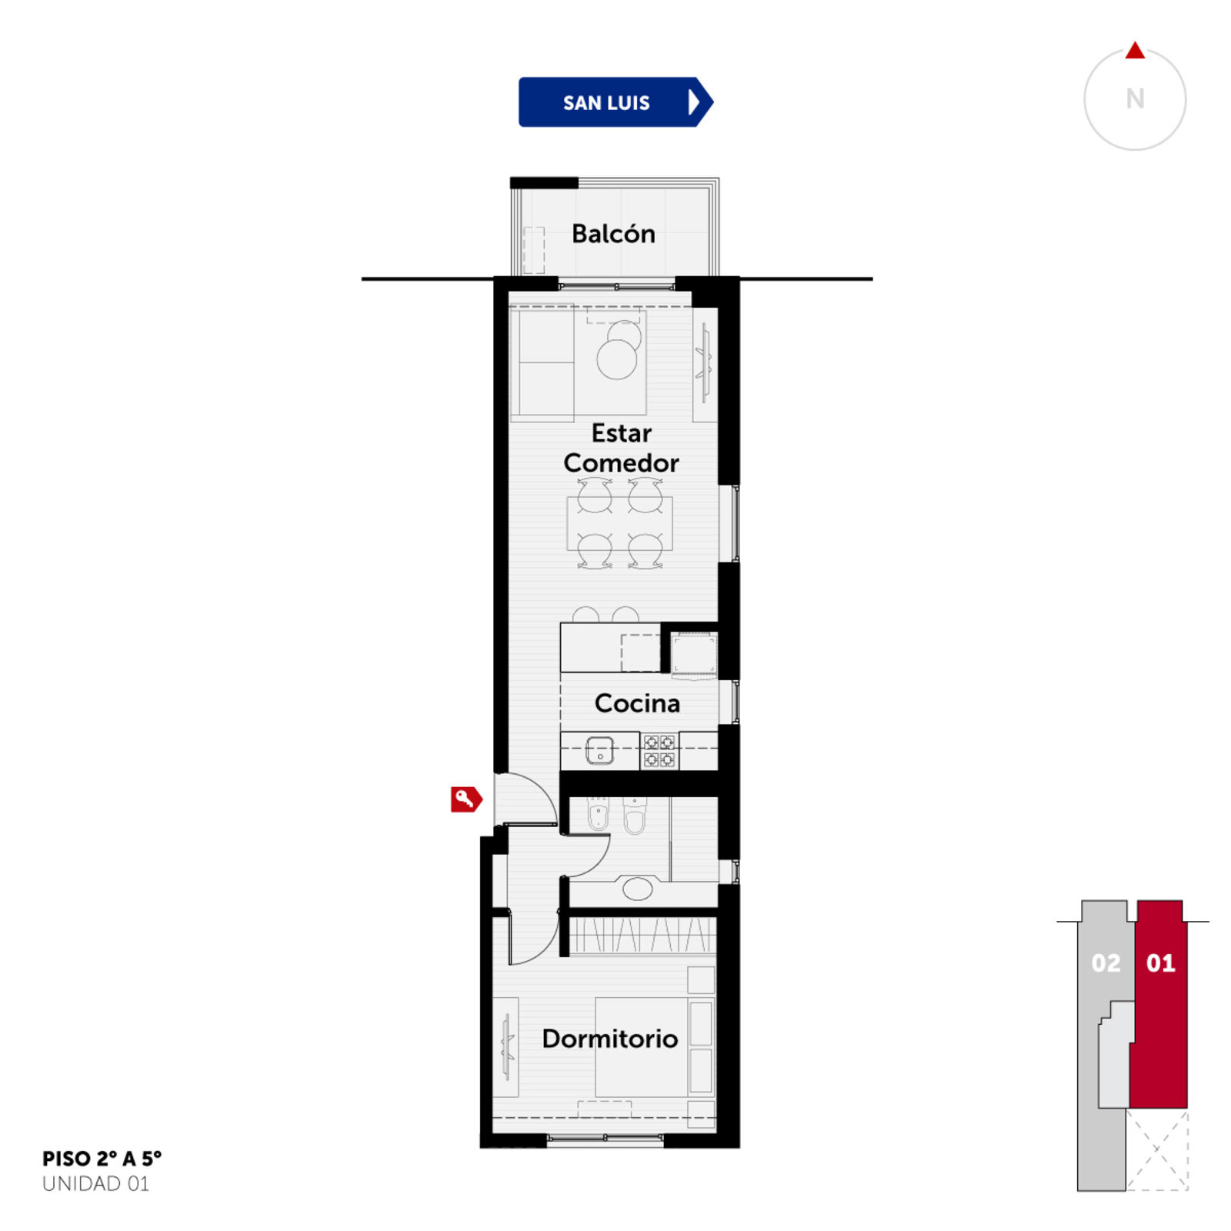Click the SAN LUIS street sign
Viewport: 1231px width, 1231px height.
[x=615, y=102]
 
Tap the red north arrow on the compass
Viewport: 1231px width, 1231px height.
[x=1135, y=51]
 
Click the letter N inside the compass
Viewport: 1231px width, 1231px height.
[x=1135, y=99]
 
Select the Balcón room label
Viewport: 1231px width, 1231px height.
[x=613, y=233]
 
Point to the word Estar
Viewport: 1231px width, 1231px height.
[x=621, y=432]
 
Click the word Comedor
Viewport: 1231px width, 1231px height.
[x=621, y=462]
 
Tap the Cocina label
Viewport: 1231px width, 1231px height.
[x=637, y=702]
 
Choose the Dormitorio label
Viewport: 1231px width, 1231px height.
[x=610, y=1038]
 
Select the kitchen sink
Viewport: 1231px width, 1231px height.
[x=600, y=750]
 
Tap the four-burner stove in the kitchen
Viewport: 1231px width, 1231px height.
[x=659, y=751]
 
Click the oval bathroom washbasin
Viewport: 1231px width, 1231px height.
[x=637, y=889]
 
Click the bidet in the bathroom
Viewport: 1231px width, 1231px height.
[x=599, y=815]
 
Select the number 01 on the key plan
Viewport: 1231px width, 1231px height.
[x=1160, y=962]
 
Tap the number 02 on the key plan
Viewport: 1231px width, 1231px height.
[x=1106, y=962]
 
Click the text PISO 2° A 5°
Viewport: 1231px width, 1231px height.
[x=102, y=1158]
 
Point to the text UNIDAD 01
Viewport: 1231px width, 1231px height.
[x=95, y=1183]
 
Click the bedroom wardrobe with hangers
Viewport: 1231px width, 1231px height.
[x=642, y=936]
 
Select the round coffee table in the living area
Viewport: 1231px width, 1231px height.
[x=617, y=359]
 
